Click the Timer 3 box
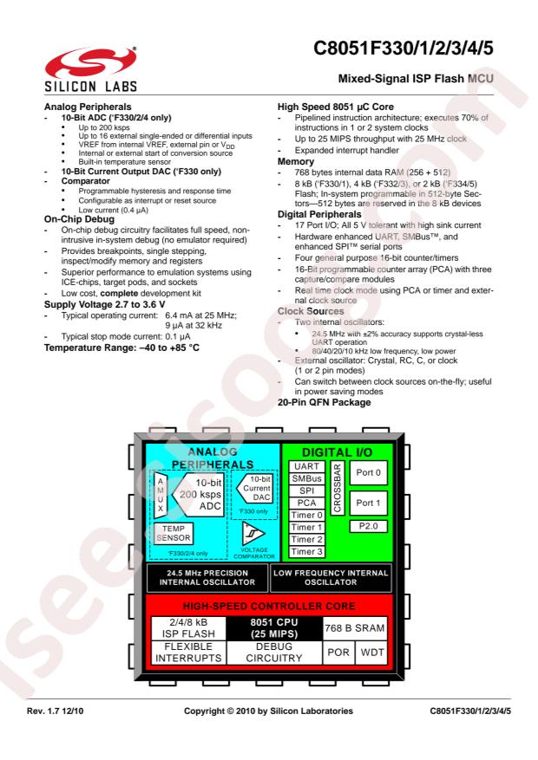coord(306,549)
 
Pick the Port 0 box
coord(367,473)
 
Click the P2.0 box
coord(367,524)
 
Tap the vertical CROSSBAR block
coord(337,486)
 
